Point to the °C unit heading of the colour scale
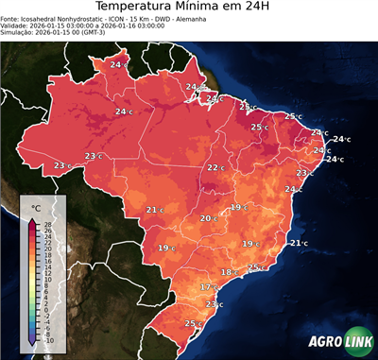click(x=36, y=207)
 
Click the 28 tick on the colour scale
click(x=48, y=224)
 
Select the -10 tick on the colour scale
click(x=48, y=340)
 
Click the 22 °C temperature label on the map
click(x=215, y=168)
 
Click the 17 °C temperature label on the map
click(x=208, y=286)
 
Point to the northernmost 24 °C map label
click(x=119, y=63)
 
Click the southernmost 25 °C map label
click(x=192, y=324)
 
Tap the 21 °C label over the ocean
click(x=298, y=244)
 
